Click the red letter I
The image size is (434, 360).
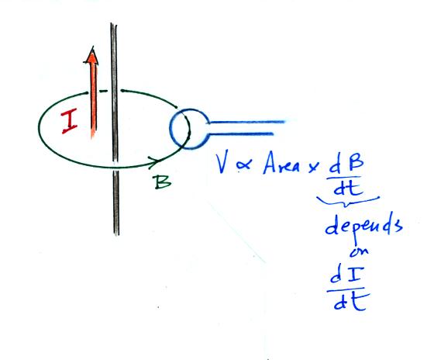pyautogui.click(x=70, y=121)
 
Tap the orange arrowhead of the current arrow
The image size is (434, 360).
pyautogui.click(x=91, y=55)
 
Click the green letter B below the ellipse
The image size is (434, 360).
pyautogui.click(x=163, y=182)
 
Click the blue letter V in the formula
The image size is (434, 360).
pyautogui.click(x=224, y=164)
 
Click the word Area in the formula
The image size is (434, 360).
pyautogui.click(x=282, y=164)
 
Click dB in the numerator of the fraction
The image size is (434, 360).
pyautogui.click(x=346, y=165)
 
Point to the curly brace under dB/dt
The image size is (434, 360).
pyautogui.click(x=348, y=202)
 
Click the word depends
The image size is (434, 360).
pyautogui.click(x=363, y=226)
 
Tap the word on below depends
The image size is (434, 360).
pyautogui.click(x=360, y=251)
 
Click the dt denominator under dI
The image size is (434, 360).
pyautogui.click(x=350, y=302)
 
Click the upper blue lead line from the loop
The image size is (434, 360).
pyautogui.click(x=246, y=122)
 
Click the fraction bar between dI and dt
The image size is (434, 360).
pyautogui.click(x=348, y=290)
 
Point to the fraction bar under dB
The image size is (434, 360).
pyautogui.click(x=344, y=178)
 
